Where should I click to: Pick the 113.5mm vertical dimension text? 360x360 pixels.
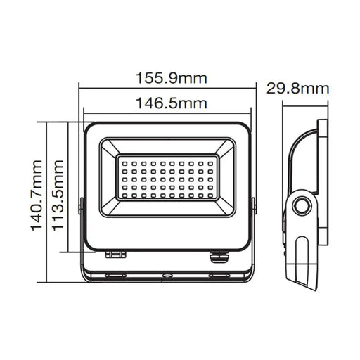click(x=58, y=188)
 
